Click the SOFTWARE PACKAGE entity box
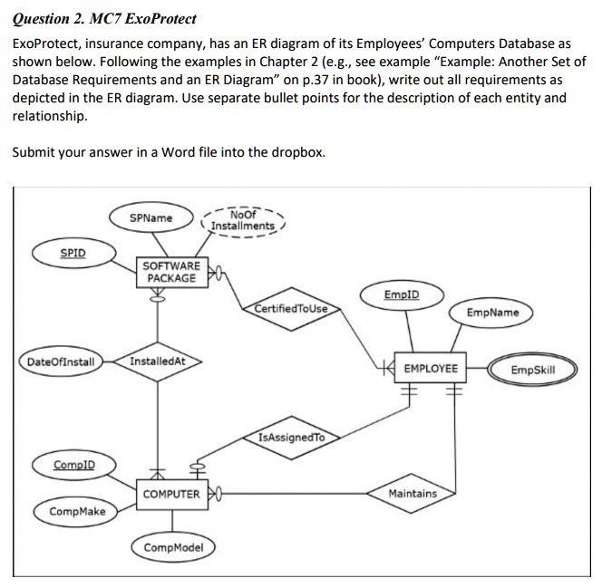point(171,271)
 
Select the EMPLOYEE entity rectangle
point(430,370)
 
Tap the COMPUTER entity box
point(171,494)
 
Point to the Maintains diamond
point(412,494)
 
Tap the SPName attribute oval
point(150,218)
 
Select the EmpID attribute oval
point(402,294)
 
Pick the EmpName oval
point(492,313)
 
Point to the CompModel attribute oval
point(174,547)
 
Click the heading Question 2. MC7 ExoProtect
point(104,19)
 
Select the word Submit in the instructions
point(34,151)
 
